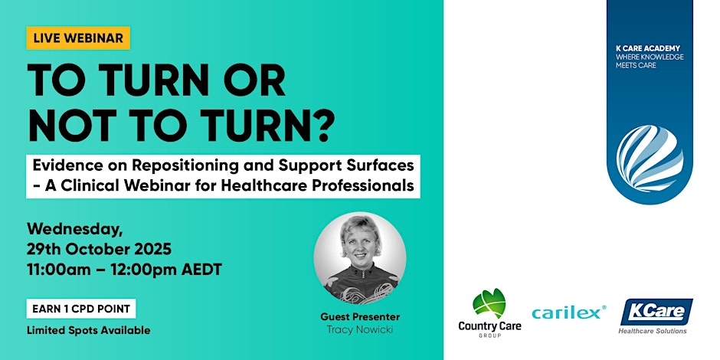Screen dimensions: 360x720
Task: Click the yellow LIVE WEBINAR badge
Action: (79, 38)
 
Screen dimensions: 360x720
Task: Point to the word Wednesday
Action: (71, 228)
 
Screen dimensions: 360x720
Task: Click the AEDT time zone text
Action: (202, 270)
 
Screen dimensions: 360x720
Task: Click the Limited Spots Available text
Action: (88, 330)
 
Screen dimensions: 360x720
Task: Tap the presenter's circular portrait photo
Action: (360, 257)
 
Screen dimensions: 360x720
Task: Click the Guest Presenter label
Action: (360, 316)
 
